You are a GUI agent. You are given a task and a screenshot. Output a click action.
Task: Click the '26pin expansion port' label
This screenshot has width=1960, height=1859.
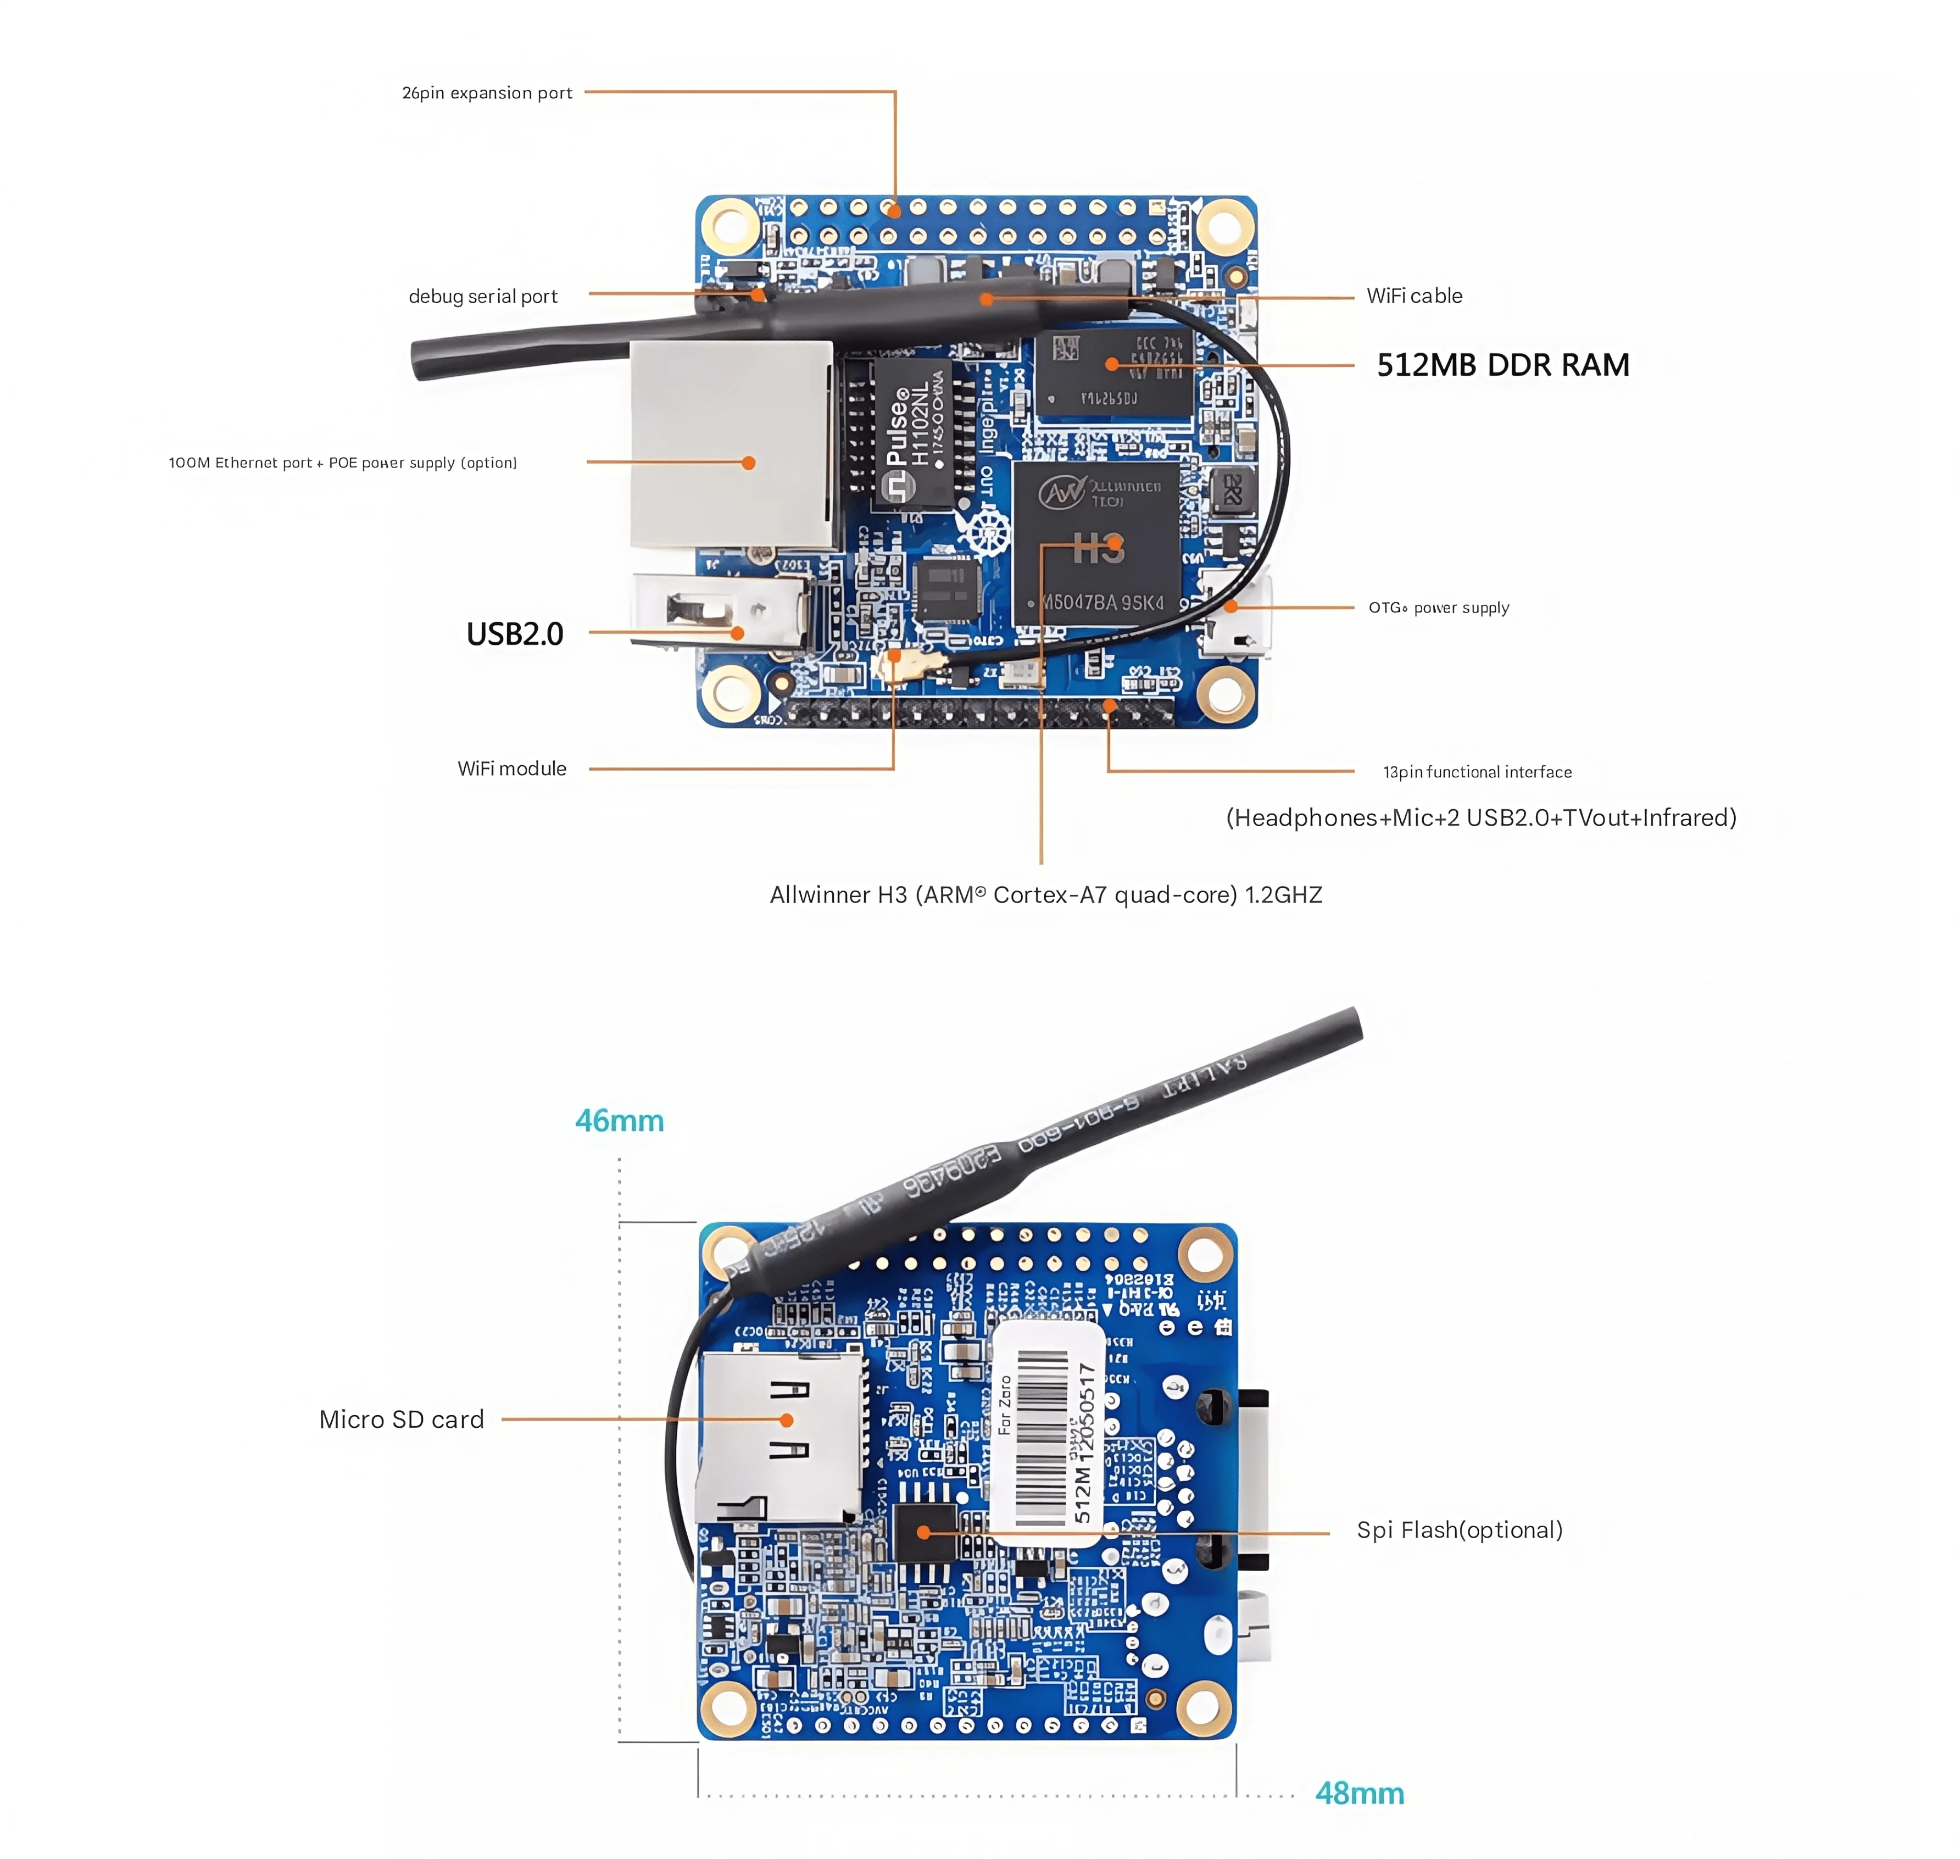(x=487, y=93)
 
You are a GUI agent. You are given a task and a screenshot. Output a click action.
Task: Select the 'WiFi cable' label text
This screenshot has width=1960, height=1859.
(x=1414, y=296)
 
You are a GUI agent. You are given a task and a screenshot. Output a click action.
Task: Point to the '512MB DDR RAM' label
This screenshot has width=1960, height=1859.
(x=1502, y=365)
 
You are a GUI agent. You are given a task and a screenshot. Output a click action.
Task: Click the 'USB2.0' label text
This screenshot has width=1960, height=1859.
(x=514, y=633)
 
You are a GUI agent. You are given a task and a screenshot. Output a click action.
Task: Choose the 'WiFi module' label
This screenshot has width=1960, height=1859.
(x=511, y=769)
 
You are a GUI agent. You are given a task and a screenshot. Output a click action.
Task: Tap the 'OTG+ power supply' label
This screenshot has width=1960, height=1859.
(x=1439, y=608)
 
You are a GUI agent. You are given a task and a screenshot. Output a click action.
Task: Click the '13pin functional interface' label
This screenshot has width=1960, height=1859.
(x=1477, y=772)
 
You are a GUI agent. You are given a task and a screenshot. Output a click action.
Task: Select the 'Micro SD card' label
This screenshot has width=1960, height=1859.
(x=402, y=1419)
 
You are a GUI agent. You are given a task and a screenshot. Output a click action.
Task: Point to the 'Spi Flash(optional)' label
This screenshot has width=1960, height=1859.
(x=1458, y=1530)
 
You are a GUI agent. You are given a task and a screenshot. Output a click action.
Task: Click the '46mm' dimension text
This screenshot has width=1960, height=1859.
(x=619, y=1121)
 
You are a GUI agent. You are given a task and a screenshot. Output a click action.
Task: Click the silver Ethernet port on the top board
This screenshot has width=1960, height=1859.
(x=731, y=446)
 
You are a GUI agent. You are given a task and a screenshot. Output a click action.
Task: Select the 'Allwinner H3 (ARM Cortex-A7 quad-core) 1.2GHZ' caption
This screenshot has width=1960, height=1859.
(x=1045, y=895)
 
